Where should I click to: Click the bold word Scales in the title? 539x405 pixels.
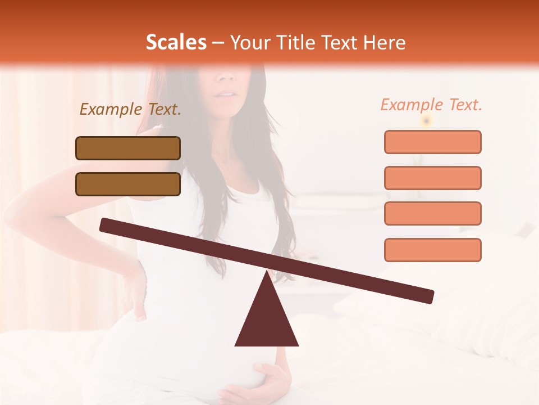pyautogui.click(x=176, y=42)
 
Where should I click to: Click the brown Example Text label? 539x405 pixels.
pyautogui.click(x=130, y=110)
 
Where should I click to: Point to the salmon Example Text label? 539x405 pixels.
pyautogui.click(x=431, y=105)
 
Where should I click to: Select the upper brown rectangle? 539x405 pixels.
pyautogui.click(x=128, y=148)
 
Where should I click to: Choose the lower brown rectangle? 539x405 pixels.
pyautogui.click(x=128, y=184)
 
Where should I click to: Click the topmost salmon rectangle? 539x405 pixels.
pyautogui.click(x=432, y=142)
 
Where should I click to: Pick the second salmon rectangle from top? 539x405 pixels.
pyautogui.click(x=432, y=178)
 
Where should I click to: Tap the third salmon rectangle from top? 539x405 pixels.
pyautogui.click(x=432, y=213)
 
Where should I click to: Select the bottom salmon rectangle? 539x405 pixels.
pyautogui.click(x=432, y=250)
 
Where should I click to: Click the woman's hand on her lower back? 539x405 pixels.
pyautogui.click(x=134, y=292)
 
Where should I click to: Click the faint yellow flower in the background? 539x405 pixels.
pyautogui.click(x=427, y=120)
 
